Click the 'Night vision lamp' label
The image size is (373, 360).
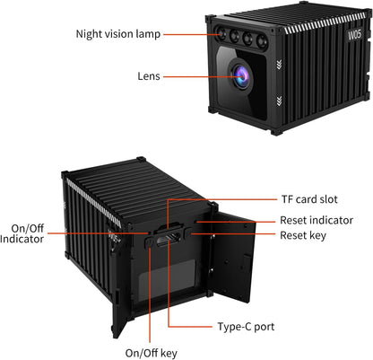117,34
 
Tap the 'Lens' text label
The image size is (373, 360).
149,76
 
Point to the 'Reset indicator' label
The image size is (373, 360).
316,220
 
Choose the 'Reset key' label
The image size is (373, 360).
303,235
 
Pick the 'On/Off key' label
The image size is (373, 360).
151,351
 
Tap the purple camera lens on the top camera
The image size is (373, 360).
240,76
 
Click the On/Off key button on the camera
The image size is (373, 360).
150,240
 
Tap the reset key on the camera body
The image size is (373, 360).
191,235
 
